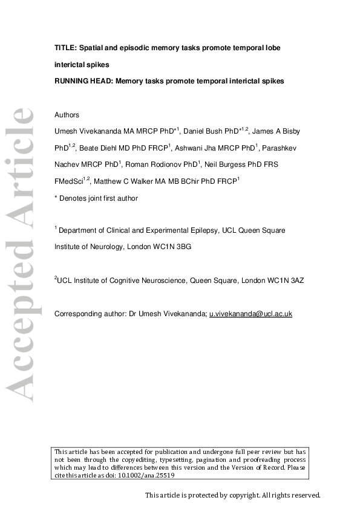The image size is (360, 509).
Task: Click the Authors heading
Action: click(67, 115)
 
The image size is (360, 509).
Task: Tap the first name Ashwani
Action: click(189, 148)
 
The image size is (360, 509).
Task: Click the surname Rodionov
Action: click(181, 164)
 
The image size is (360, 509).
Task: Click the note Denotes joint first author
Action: click(99, 198)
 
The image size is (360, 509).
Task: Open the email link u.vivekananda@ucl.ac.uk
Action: click(250, 313)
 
